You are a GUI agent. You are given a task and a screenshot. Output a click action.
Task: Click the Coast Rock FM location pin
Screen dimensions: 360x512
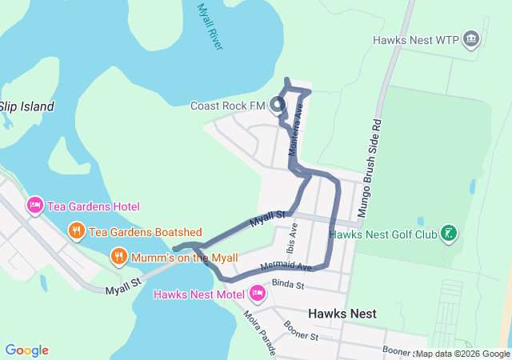pos(278,105)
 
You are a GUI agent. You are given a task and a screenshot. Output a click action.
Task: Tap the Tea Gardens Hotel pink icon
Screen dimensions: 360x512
pos(34,206)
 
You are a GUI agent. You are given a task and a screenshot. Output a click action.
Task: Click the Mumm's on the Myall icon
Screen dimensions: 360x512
pos(118,257)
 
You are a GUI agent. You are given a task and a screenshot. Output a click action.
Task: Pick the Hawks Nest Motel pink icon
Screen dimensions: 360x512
pos(257,294)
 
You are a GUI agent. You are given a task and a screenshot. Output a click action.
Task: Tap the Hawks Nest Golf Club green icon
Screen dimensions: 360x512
pos(449,234)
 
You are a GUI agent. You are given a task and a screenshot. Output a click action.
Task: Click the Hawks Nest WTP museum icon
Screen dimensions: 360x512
pos(471,39)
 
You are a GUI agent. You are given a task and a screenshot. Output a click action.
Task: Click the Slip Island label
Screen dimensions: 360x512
pos(26,106)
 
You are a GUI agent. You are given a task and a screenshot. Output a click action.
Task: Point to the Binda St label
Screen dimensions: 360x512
pos(289,284)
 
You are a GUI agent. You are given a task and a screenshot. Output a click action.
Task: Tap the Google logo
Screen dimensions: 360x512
pos(26,350)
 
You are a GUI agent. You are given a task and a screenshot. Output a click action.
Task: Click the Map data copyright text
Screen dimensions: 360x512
pos(462,354)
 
